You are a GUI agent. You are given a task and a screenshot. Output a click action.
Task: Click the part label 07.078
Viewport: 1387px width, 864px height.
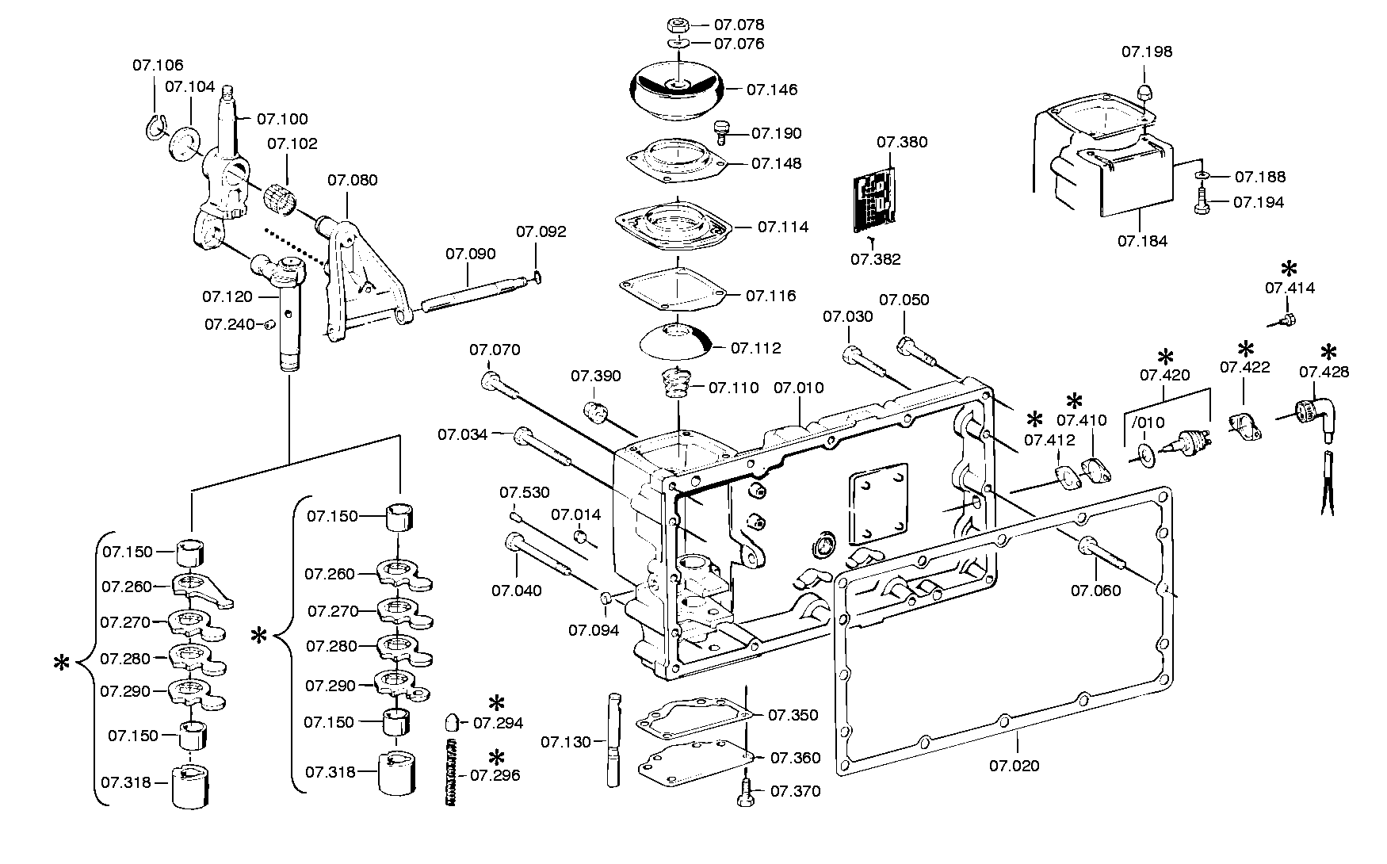pos(739,25)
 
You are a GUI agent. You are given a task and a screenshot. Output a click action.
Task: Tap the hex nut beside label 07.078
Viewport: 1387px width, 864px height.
pos(678,24)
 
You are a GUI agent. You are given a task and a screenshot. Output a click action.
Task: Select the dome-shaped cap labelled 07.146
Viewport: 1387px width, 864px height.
pos(678,91)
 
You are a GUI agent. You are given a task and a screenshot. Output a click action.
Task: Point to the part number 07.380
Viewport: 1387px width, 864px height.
pos(902,143)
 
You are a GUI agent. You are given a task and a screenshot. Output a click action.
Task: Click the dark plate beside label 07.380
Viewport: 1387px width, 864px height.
pos(873,201)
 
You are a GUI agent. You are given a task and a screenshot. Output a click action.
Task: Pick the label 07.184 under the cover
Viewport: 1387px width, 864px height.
pos(1142,241)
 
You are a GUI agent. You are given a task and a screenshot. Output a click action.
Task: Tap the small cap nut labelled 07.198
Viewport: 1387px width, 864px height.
pos(1143,92)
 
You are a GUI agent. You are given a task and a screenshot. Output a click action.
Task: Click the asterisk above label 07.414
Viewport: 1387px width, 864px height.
pos(1290,268)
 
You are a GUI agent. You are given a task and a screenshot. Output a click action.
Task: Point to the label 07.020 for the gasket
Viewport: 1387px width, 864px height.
pos(1014,766)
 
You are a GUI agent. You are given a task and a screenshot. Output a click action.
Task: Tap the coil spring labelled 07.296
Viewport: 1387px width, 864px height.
pos(453,772)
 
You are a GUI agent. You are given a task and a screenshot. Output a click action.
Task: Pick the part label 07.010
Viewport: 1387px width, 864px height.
pos(798,388)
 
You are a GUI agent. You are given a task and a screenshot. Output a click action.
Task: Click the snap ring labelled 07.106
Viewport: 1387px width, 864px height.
pos(155,128)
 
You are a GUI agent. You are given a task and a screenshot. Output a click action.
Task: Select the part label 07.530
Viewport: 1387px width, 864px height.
pos(525,493)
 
